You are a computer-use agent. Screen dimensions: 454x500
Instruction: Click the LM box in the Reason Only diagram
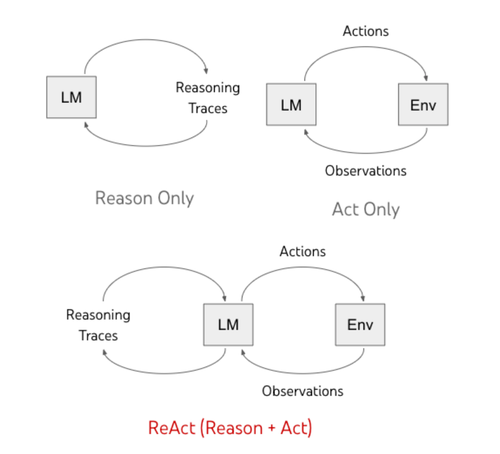71,97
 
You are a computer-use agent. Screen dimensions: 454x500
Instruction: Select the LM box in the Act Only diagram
291,105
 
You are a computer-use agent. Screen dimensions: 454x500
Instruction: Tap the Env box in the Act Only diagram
422,105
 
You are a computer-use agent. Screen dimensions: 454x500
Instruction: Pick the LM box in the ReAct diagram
228,324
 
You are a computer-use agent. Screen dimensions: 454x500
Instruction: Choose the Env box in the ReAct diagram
360,324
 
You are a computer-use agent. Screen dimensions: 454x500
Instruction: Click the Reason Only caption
144,198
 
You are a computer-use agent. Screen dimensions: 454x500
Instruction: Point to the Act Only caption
366,209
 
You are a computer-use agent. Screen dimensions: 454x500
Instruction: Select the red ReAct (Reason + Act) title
230,428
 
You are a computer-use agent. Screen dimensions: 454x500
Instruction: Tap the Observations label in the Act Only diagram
365,171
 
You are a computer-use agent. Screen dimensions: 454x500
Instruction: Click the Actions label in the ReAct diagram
303,251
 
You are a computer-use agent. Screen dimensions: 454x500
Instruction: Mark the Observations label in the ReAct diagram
302,391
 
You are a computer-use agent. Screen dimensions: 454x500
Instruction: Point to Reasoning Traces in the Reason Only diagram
208,98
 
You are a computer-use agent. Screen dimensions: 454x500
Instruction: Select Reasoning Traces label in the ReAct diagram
98,325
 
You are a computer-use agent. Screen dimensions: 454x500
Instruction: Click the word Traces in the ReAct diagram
98,335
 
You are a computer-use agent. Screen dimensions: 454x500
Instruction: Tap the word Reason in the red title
230,428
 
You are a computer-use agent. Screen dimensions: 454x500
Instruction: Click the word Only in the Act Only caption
381,209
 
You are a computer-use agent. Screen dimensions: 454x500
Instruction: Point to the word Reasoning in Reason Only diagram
208,88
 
